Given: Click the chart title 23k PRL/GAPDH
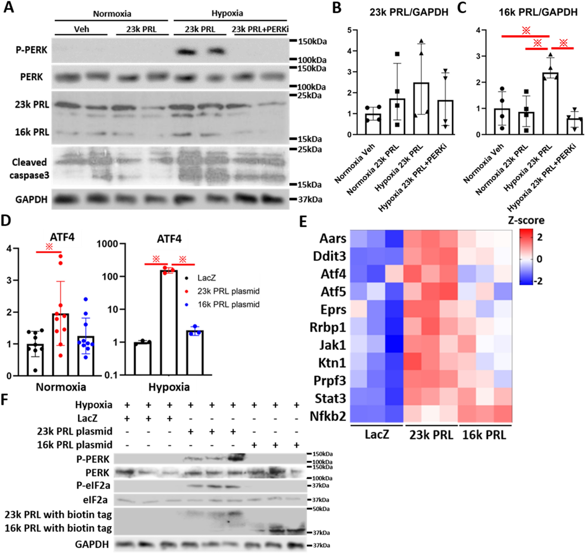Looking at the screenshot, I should coord(409,12).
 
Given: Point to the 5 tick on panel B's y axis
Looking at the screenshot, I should coord(349,30).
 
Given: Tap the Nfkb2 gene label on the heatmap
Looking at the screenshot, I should coord(328,416).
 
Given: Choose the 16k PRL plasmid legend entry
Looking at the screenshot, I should coord(228,305).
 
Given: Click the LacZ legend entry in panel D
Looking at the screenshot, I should coord(206,278).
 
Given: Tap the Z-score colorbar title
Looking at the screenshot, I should coord(526,220).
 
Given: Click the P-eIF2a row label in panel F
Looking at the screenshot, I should coord(93,486).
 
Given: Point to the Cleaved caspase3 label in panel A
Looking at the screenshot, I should coord(29,169).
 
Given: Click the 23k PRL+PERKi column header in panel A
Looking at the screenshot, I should coord(260,29).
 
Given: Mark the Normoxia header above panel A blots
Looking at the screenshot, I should coord(112,14).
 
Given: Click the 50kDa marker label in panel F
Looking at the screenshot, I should coord(321,509).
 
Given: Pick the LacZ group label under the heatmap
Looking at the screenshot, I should coord(376,435).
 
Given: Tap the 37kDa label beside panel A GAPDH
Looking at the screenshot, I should coord(310,200).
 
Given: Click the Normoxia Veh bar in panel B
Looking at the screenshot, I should coord(373,124).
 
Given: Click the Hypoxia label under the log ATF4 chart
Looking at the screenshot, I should coord(169,387).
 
